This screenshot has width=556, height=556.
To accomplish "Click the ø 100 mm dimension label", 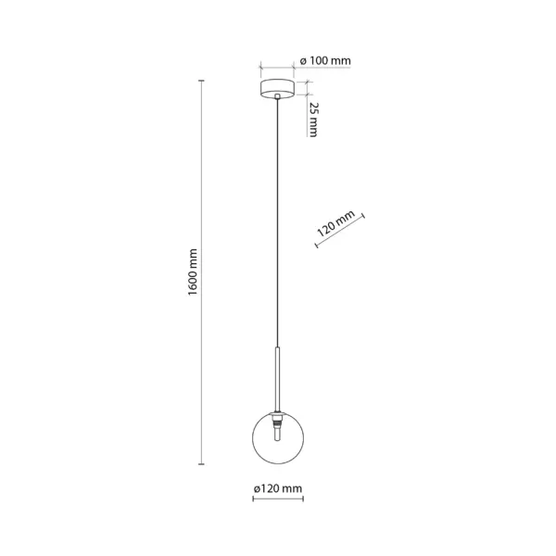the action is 325,60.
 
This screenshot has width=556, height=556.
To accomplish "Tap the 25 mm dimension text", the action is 313,120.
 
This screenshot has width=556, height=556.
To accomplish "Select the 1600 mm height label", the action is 192,272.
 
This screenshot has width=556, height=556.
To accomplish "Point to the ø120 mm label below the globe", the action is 278,488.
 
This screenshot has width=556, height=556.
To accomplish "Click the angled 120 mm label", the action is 335,223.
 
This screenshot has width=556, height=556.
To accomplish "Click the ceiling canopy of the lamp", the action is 277,89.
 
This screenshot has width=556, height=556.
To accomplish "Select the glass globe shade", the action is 278,438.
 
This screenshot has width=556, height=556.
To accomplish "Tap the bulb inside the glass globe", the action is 278,435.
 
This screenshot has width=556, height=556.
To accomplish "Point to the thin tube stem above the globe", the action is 278,379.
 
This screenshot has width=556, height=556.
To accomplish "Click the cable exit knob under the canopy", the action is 277,96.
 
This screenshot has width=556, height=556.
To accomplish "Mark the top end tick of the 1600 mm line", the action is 201,81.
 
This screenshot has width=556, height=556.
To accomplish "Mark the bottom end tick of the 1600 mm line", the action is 201,464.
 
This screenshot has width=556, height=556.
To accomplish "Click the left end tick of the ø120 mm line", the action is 253,499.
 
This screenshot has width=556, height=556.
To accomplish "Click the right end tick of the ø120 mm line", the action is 303,499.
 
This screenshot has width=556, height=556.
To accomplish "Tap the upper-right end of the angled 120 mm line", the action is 363,216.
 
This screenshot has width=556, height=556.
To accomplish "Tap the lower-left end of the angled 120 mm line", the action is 316,245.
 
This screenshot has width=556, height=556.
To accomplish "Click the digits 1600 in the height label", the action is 192,283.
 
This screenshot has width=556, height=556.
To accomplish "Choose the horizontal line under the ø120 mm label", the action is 278,499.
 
